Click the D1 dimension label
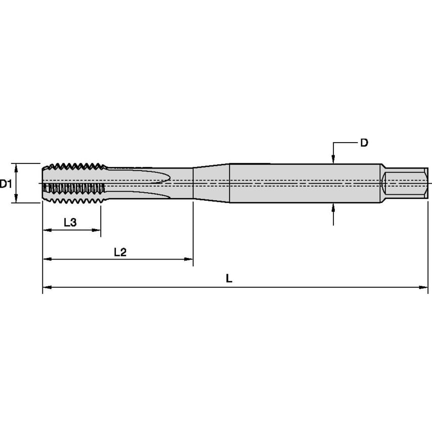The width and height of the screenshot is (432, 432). click(6, 184)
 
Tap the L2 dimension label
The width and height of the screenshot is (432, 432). click(120, 252)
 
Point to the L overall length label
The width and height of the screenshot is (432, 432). click(229, 279)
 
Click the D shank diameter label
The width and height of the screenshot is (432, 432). click(364, 143)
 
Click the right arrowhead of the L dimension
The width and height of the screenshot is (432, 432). click(424, 287)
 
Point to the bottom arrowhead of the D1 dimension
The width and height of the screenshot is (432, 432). click(17, 199)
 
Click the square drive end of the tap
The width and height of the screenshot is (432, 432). click(405, 183)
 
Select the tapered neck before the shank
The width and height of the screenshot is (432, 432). click(211, 183)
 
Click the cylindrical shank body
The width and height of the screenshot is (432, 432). click(304, 183)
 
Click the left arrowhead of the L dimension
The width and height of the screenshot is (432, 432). click(46, 287)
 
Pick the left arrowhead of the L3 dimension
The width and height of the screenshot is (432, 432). click(46, 230)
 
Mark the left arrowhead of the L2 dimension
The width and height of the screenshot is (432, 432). click(46, 259)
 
